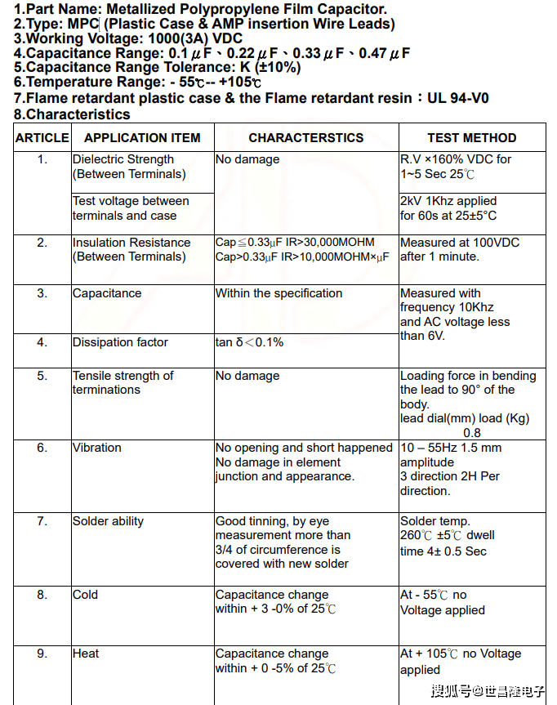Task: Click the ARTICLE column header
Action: (x=42, y=138)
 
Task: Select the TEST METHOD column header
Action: (x=471, y=138)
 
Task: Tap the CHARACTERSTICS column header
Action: (x=305, y=138)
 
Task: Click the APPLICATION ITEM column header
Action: (x=142, y=138)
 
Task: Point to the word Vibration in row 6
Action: (x=96, y=448)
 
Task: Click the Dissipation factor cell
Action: (x=120, y=342)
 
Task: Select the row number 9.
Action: (x=42, y=654)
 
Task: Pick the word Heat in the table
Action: (x=86, y=654)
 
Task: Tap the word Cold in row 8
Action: (x=85, y=595)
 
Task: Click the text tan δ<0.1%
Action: (x=249, y=342)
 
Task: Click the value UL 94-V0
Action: (x=459, y=98)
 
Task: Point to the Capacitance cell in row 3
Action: (x=107, y=293)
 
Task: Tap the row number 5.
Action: (x=42, y=376)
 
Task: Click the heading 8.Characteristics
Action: (x=72, y=114)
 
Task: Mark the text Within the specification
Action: (x=278, y=293)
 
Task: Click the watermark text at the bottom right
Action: (x=488, y=691)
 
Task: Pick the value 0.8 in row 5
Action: (x=472, y=433)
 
